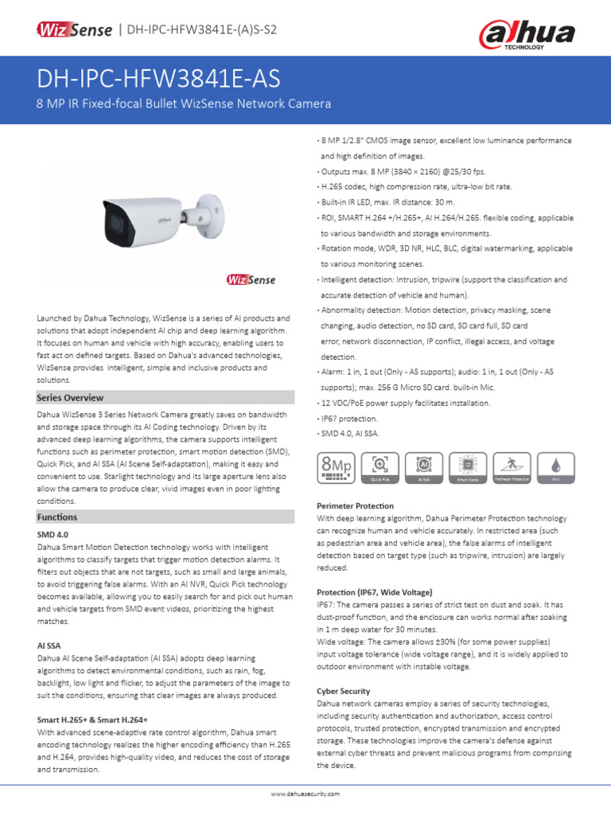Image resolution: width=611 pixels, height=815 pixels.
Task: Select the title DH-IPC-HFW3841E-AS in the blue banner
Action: pyautogui.click(x=158, y=80)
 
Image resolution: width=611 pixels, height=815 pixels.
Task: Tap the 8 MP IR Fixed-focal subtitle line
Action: pyautogui.click(x=184, y=104)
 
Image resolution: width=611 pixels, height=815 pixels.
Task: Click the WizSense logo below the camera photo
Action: pyautogui.click(x=251, y=280)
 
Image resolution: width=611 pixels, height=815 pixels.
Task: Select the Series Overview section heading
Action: pyautogui.click(x=70, y=397)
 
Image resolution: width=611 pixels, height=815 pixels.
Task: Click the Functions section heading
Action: pyautogui.click(x=56, y=517)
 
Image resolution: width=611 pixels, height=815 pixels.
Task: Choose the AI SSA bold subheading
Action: pyautogui.click(x=50, y=646)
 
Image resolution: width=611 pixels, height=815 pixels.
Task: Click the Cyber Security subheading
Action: pyautogui.click(x=343, y=692)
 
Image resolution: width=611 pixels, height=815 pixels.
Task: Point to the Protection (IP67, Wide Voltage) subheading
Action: pyautogui.click(x=375, y=592)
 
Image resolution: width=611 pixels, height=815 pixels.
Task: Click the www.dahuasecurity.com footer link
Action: pyautogui.click(x=305, y=794)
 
